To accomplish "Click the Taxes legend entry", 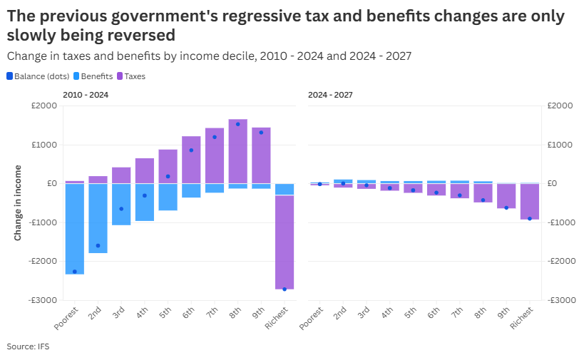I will pos(135,76).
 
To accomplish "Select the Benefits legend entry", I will pos(96,76).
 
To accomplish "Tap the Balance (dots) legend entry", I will pos(39,76).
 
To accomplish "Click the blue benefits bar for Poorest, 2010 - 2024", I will pos(75,228).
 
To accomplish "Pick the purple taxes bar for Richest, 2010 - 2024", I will pos(285,242).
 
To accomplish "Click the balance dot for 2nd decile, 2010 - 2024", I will pos(98,245).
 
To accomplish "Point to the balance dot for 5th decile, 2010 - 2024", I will pos(168,176).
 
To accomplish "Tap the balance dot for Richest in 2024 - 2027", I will pos(529,218).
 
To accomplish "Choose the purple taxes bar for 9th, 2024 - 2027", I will pos(506,196).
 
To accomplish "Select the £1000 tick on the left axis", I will pos(45,145).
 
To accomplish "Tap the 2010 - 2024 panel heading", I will pos(86,95).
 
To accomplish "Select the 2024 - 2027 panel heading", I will pos(330,95).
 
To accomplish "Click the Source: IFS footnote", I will pos(29,346).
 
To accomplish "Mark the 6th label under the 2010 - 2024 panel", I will pos(189,314).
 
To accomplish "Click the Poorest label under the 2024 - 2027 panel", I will pos(312,319).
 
